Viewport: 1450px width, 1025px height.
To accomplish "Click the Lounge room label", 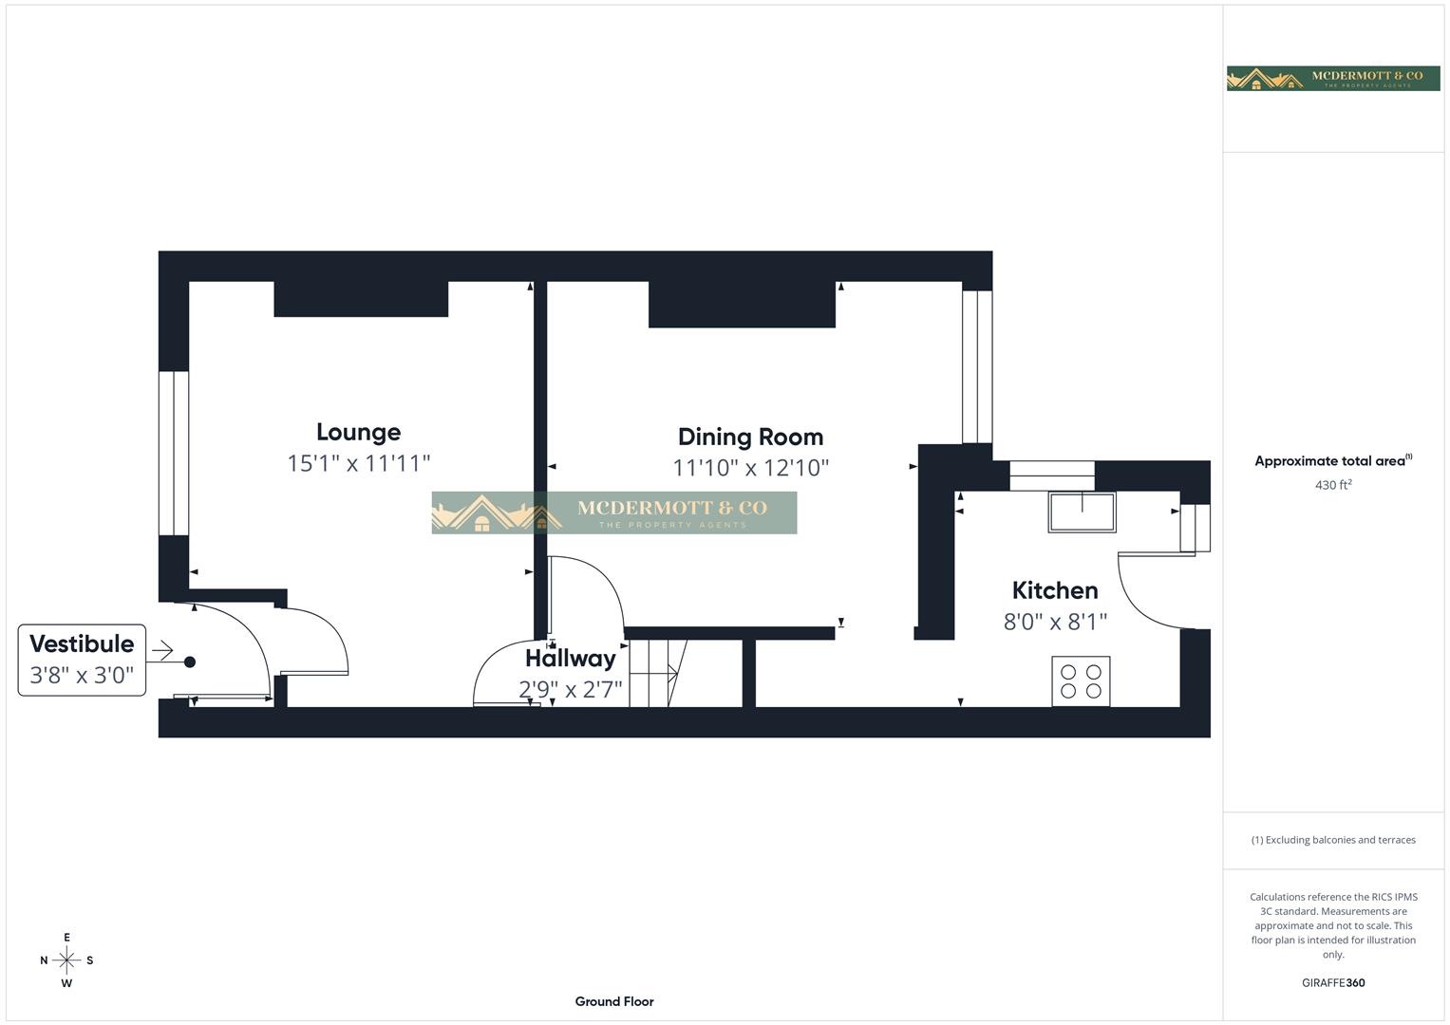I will tap(358, 432).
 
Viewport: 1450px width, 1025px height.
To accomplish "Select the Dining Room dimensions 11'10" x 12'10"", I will tap(750, 468).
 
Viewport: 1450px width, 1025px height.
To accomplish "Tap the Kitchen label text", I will tap(1054, 590).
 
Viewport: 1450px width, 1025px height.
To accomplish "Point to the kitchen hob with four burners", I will tap(1081, 681).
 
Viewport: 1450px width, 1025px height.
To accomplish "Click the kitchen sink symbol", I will tap(1082, 512).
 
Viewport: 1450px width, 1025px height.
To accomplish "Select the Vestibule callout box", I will tap(82, 660).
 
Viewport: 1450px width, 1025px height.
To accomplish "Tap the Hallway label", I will tap(570, 658).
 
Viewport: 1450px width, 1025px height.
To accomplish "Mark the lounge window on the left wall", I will tap(174, 453).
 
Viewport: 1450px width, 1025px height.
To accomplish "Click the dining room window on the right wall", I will tap(977, 366).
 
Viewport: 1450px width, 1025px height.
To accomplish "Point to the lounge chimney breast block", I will tap(361, 299).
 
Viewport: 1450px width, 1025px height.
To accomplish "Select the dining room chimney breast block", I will tap(742, 305).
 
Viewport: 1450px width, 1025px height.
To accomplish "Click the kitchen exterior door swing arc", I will tap(1149, 593).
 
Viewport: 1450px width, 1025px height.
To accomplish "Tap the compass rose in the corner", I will tap(66, 960).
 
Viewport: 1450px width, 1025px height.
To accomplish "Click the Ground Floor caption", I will tap(614, 1001).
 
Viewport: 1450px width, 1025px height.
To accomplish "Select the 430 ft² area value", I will tap(1332, 485).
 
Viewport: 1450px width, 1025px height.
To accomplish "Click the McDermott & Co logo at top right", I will tap(1332, 79).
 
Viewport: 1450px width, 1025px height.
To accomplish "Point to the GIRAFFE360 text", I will tap(1332, 983).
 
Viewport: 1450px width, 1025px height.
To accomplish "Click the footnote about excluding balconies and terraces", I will tap(1332, 840).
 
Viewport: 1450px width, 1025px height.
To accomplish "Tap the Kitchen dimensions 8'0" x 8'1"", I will tap(1054, 622).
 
